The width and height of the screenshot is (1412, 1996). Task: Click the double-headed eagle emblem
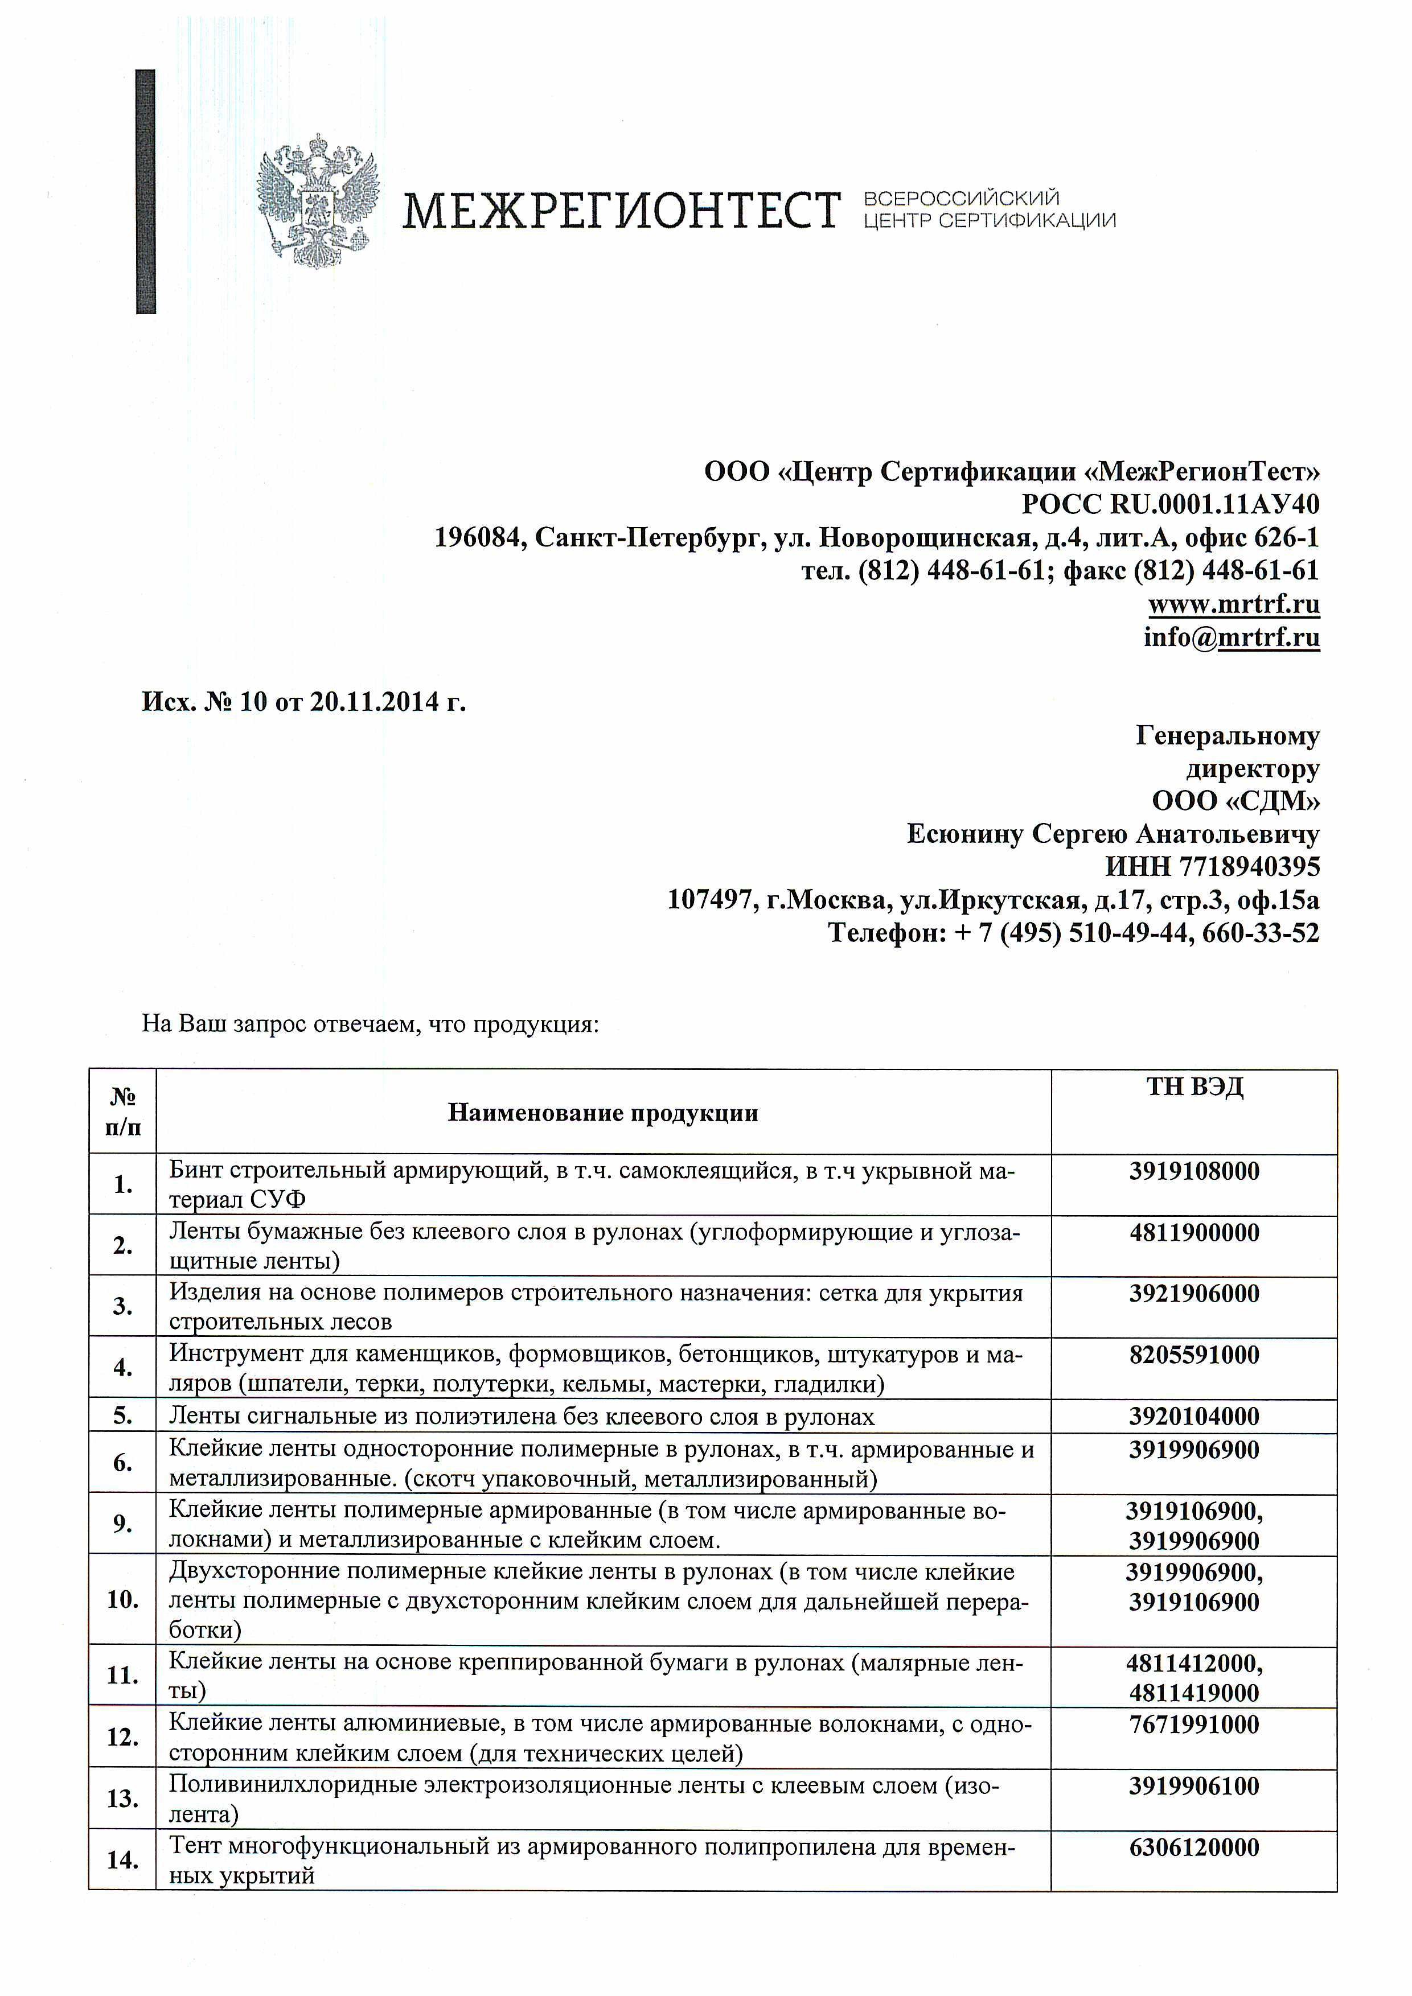click(318, 201)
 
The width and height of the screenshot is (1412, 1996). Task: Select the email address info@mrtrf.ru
click(1231, 637)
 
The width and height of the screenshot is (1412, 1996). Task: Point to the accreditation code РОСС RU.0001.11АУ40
click(1170, 504)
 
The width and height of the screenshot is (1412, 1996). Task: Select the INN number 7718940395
click(1250, 867)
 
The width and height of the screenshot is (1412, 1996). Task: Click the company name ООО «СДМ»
click(1235, 801)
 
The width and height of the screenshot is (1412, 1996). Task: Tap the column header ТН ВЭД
click(1195, 1087)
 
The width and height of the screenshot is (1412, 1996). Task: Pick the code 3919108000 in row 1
click(1194, 1171)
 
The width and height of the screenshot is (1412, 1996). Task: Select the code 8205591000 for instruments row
click(1194, 1355)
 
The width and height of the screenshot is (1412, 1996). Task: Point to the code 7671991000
click(1194, 1724)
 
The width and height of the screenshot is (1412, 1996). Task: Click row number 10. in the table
click(122, 1599)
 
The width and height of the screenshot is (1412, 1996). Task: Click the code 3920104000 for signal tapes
click(1194, 1416)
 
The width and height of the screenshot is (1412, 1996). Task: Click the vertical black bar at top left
click(146, 191)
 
